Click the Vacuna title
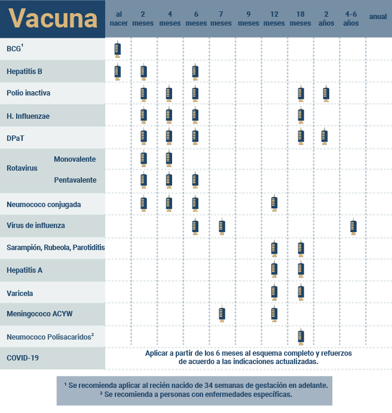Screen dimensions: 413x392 click(x=53, y=19)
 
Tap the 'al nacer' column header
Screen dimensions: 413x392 click(x=118, y=19)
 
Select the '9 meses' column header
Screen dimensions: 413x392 click(x=248, y=19)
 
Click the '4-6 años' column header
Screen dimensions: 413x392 click(x=351, y=19)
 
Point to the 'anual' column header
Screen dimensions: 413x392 click(x=378, y=17)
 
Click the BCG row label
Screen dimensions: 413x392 click(x=14, y=50)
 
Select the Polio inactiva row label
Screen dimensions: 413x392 click(x=28, y=93)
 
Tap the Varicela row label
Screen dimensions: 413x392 click(x=20, y=293)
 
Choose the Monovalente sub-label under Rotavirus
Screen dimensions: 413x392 click(x=75, y=159)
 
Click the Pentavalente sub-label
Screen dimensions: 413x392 click(x=75, y=180)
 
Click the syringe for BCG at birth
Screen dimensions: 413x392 click(x=118, y=50)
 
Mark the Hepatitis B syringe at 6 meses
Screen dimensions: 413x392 click(x=195, y=72)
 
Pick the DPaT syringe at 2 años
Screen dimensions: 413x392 click(x=324, y=137)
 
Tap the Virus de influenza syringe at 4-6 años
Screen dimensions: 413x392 click(x=353, y=227)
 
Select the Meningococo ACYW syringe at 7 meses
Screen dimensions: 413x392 click(x=222, y=315)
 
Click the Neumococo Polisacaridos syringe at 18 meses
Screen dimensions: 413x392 click(x=301, y=337)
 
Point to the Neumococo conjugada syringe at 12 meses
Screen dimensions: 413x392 click(x=274, y=204)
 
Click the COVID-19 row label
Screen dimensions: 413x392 click(x=23, y=359)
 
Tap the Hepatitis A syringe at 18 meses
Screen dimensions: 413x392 click(x=301, y=270)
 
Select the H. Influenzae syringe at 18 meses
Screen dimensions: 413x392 click(x=301, y=115)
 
